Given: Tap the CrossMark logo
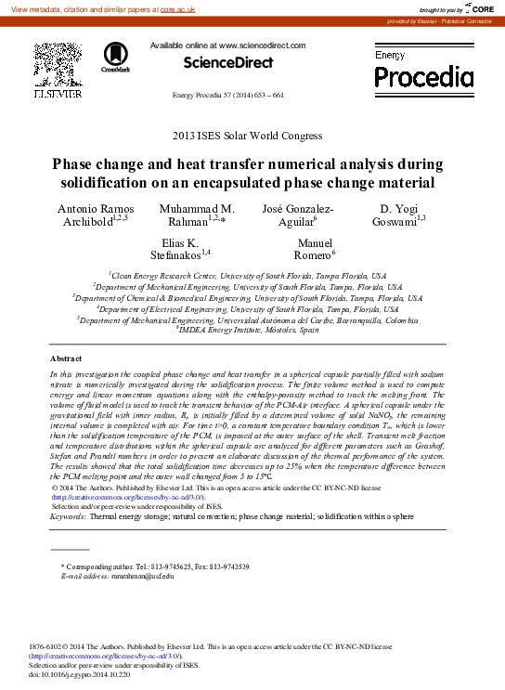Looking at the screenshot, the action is pos(116,57).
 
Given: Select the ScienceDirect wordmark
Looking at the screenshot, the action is pos(227,62).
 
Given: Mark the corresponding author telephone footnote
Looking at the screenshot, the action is pos(154,566).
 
